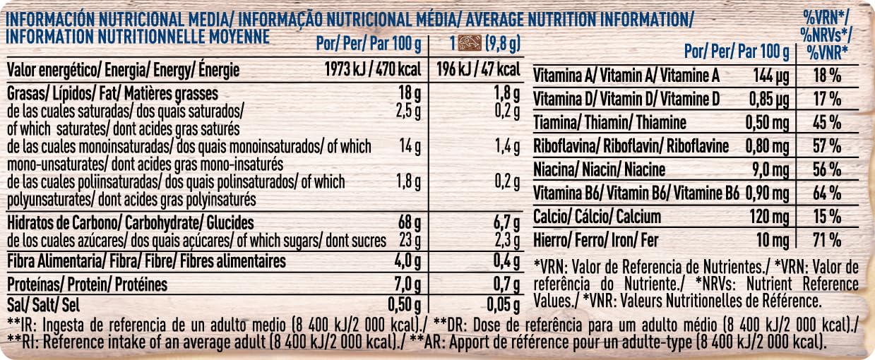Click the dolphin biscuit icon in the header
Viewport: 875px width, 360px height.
coord(470,43)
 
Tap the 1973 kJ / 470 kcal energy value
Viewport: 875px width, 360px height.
coord(373,70)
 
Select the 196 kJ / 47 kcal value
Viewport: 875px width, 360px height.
coord(478,70)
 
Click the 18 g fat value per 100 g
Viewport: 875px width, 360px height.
coord(410,94)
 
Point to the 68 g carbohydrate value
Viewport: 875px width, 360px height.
coord(410,223)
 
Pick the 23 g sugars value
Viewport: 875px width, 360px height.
coord(410,241)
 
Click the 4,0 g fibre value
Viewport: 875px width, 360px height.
coord(407,262)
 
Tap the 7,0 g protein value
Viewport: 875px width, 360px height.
coord(407,285)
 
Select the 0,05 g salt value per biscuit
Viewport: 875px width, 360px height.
coord(503,305)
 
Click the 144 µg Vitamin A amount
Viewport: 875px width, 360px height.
coord(770,76)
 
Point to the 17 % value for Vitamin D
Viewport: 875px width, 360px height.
coord(827,99)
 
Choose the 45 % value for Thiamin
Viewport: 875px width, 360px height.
coord(827,123)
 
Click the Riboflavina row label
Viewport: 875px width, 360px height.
coord(631,146)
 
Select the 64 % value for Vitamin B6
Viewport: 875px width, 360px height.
coord(827,193)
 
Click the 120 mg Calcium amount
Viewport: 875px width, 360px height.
coord(769,217)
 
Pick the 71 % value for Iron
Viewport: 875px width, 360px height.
coord(827,240)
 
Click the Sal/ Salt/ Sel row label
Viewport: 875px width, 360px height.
coord(43,305)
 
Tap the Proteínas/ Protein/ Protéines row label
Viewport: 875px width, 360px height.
coord(87,284)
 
